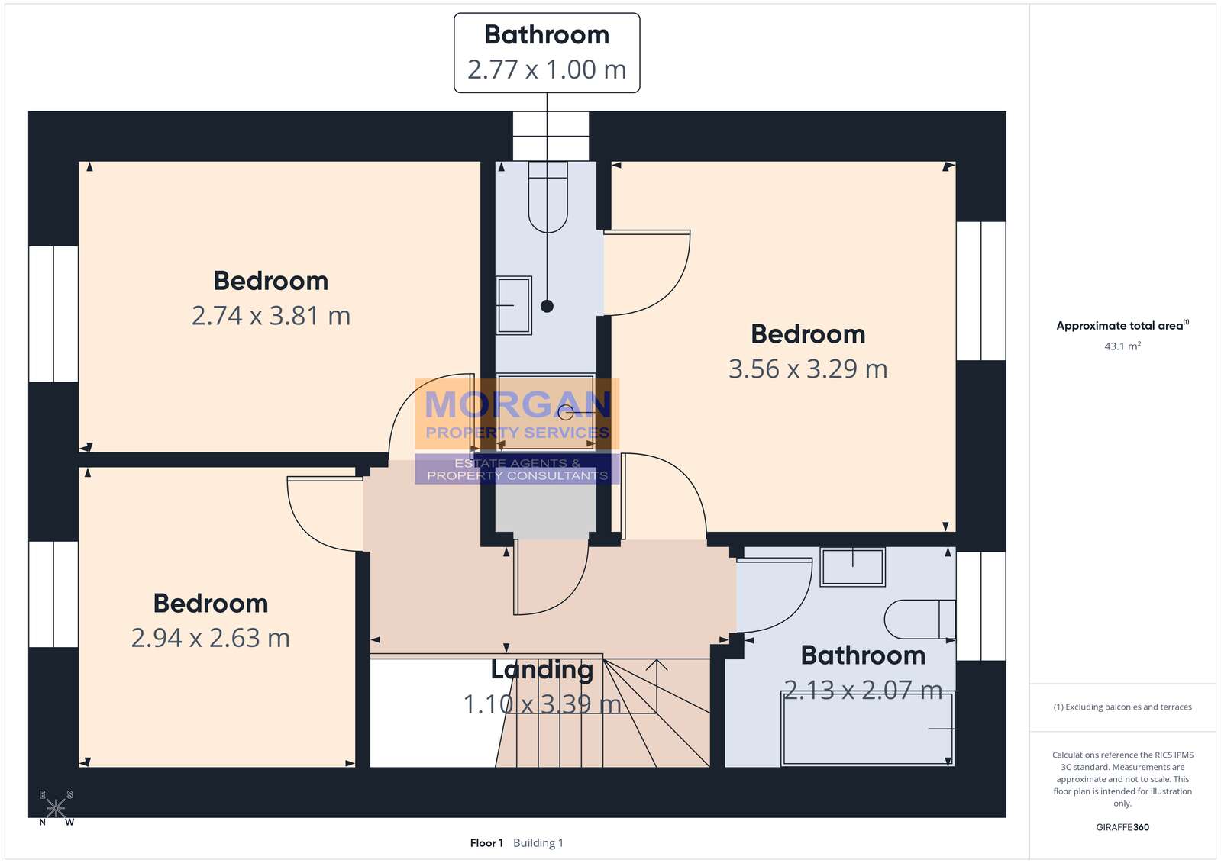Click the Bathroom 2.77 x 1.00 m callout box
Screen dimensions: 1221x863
(547, 53)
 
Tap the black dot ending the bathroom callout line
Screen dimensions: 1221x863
(547, 306)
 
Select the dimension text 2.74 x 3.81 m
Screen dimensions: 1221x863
(271, 316)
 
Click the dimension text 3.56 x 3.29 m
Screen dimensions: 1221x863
(808, 369)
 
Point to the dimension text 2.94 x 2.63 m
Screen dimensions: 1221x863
(211, 638)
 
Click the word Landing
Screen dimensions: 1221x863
(542, 670)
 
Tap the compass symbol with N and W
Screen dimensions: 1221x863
(57, 808)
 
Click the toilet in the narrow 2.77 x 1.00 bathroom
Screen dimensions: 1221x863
(548, 197)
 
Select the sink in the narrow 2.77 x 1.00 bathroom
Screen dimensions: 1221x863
(513, 305)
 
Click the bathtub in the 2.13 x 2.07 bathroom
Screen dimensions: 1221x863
(867, 729)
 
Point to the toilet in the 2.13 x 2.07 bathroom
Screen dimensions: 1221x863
(919, 619)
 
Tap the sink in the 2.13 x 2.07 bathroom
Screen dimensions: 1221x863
(852, 567)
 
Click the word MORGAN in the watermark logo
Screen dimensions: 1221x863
(517, 404)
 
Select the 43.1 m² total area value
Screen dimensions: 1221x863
(1122, 346)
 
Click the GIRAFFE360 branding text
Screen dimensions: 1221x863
(1122, 827)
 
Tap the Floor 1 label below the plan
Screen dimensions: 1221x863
(486, 843)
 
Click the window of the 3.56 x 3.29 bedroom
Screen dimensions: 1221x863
(980, 291)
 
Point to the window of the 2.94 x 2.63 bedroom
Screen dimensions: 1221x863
(53, 594)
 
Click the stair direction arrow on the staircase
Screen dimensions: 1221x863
(656, 686)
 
